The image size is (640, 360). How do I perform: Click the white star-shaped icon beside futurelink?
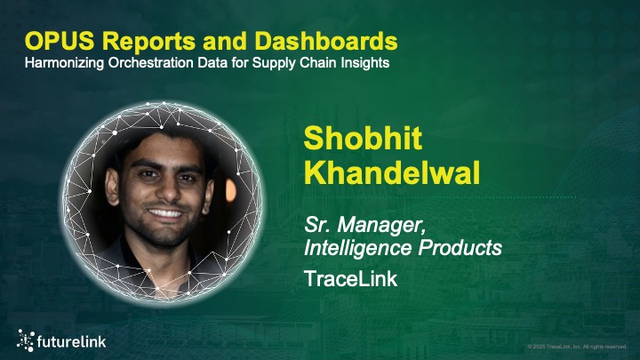tap(26, 338)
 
